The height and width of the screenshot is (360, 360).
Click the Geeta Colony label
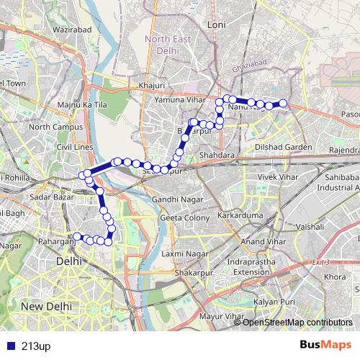click(x=179, y=217)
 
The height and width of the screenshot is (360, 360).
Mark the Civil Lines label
click(x=75, y=147)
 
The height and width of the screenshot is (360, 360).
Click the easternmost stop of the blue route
click(x=283, y=104)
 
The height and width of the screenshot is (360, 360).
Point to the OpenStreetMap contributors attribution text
click(x=293, y=322)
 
